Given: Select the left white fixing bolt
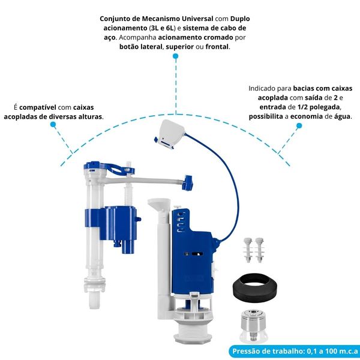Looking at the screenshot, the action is pyautogui.click(x=248, y=250).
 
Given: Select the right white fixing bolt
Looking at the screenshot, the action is pyautogui.click(x=260, y=250).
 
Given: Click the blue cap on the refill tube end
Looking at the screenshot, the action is pyautogui.click(x=187, y=182).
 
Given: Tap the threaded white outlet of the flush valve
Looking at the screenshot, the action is pyautogui.click(x=192, y=331).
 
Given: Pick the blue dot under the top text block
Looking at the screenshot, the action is pyautogui.click(x=176, y=56).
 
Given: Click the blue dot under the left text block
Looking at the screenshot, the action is pyautogui.click(x=53, y=124).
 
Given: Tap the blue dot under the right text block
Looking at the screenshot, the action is pyautogui.click(x=299, y=125).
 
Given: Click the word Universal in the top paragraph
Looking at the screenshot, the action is pyautogui.click(x=197, y=19).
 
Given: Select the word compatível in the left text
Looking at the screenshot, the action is pyautogui.click(x=37, y=107).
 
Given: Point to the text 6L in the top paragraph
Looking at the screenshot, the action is pyautogui.click(x=169, y=28).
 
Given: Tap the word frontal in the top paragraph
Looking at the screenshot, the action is pyautogui.click(x=217, y=47).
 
